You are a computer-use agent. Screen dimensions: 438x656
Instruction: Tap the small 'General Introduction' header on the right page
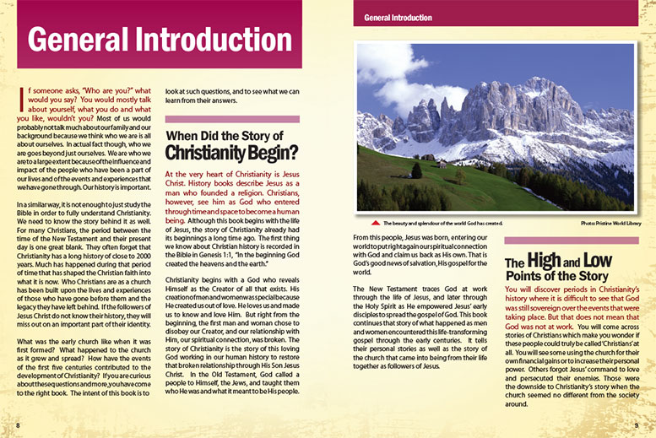[398, 17]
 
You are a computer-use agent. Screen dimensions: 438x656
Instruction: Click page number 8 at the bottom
[18, 424]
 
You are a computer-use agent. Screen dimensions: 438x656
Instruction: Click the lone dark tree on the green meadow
[416, 170]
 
